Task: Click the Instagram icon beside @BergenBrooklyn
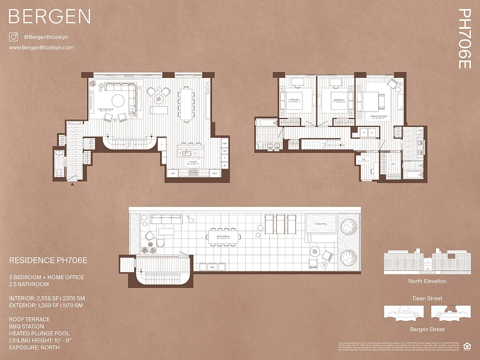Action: click(x=14, y=37)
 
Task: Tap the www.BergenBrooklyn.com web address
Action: click(x=41, y=48)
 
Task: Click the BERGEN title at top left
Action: click(x=50, y=17)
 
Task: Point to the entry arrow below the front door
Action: click(x=72, y=184)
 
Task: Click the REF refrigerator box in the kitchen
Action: click(x=225, y=144)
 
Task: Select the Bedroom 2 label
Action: click(x=338, y=100)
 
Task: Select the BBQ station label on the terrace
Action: click(x=213, y=267)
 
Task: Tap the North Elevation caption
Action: click(x=427, y=281)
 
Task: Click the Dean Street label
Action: click(x=427, y=298)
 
